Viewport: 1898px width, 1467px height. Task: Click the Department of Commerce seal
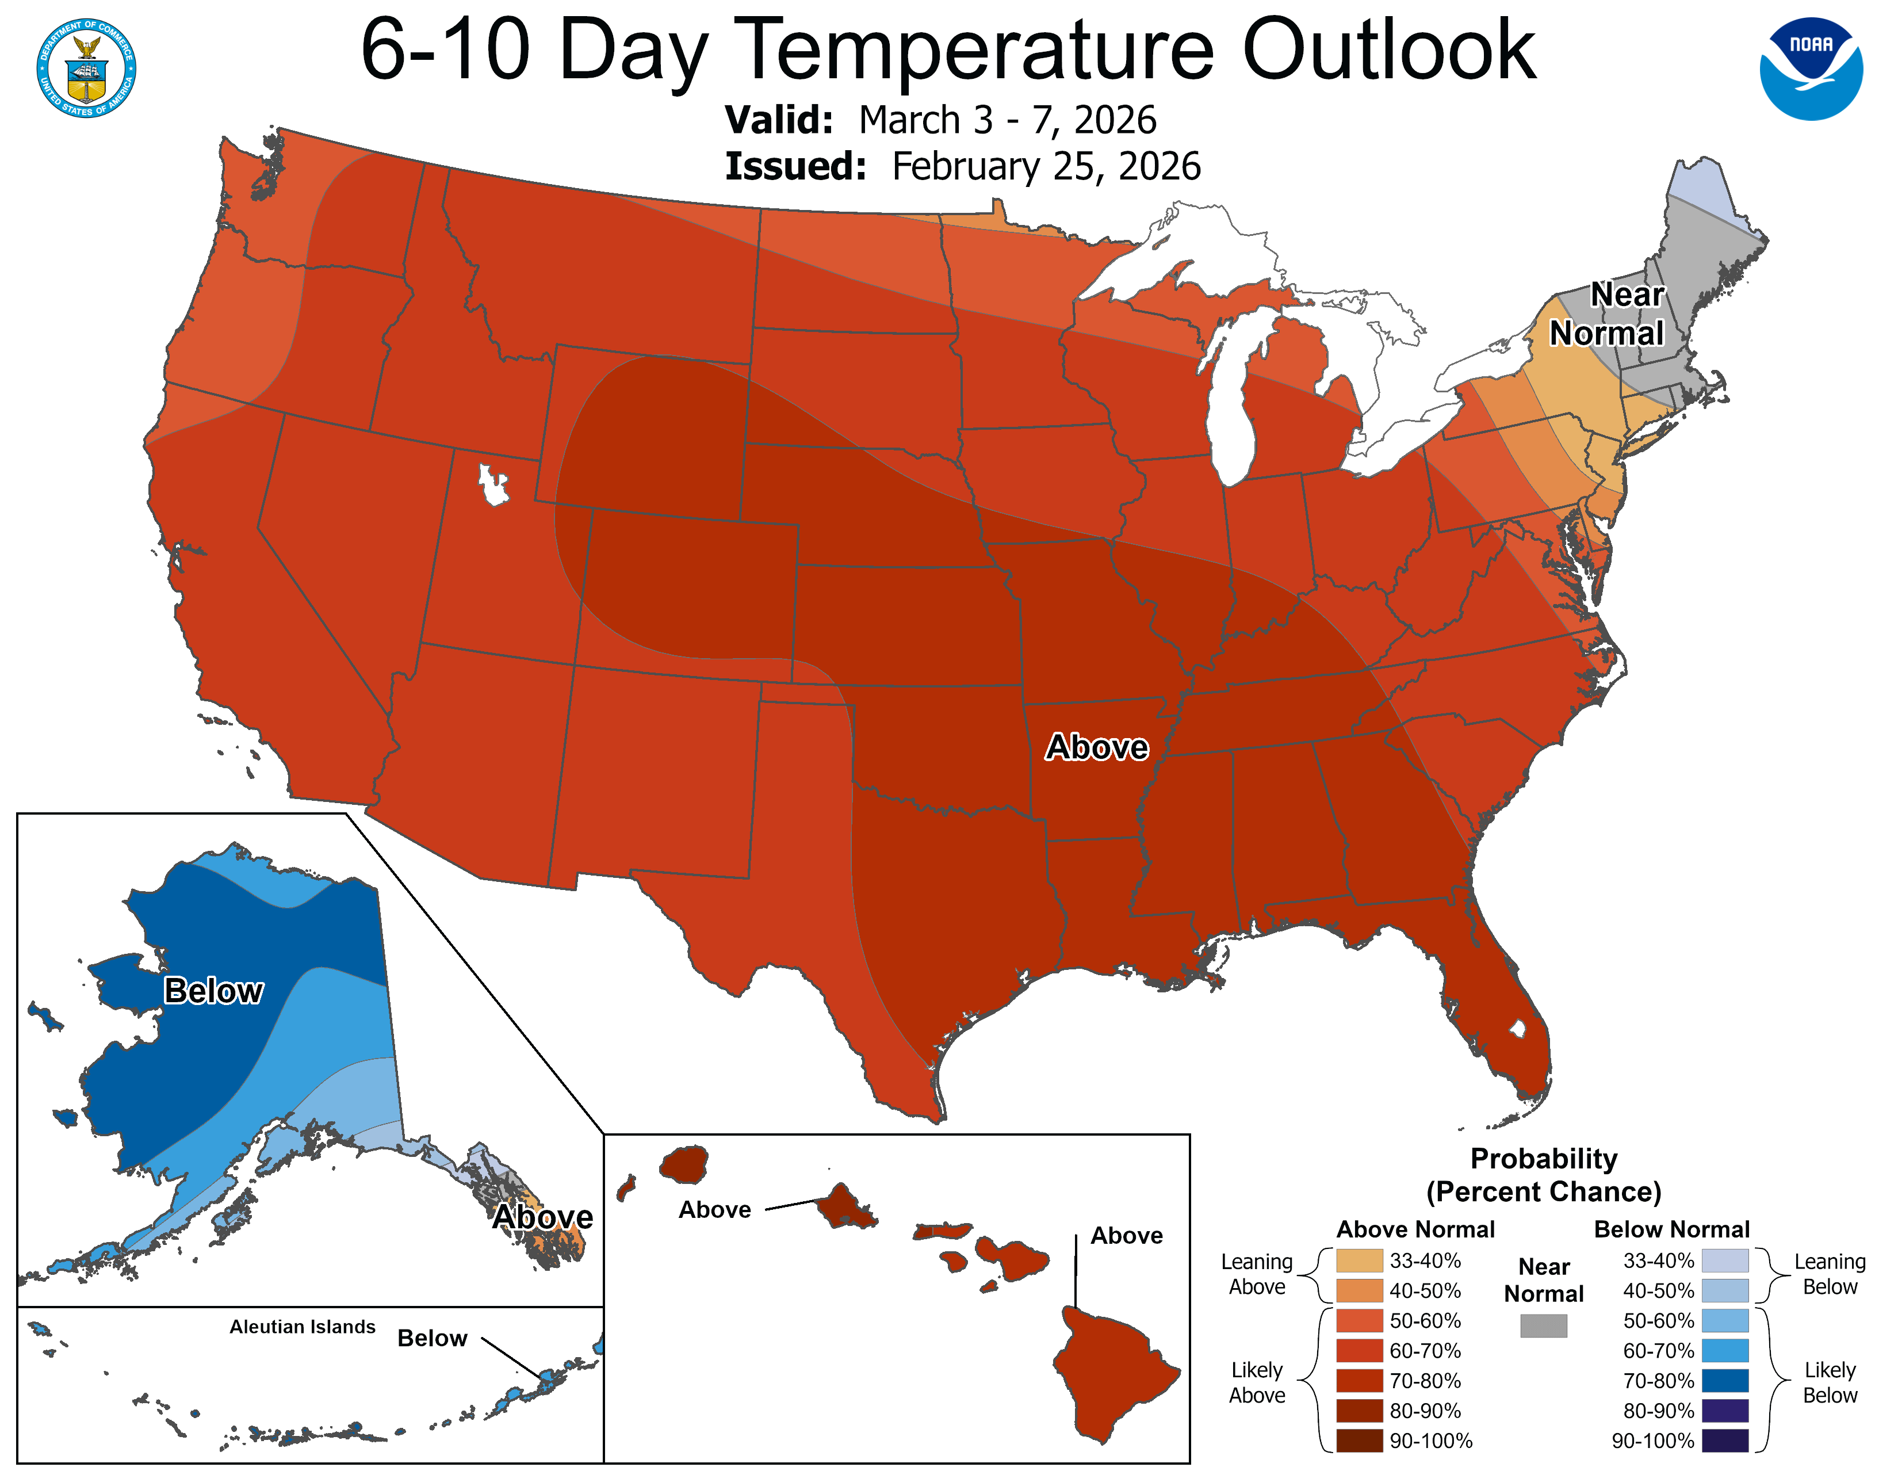(86, 68)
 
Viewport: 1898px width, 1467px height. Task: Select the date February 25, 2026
(1046, 167)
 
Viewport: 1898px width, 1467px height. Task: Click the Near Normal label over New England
(1608, 315)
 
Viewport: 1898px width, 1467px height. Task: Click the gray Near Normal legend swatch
(1544, 1325)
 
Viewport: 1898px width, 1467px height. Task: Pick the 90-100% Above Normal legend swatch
(1359, 1441)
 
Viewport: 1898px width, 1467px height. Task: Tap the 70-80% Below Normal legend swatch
(1724, 1381)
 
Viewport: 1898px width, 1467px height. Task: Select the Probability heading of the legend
(1544, 1159)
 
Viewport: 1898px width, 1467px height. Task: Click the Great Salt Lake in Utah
(493, 484)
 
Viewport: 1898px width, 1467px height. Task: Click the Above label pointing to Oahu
(714, 1210)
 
